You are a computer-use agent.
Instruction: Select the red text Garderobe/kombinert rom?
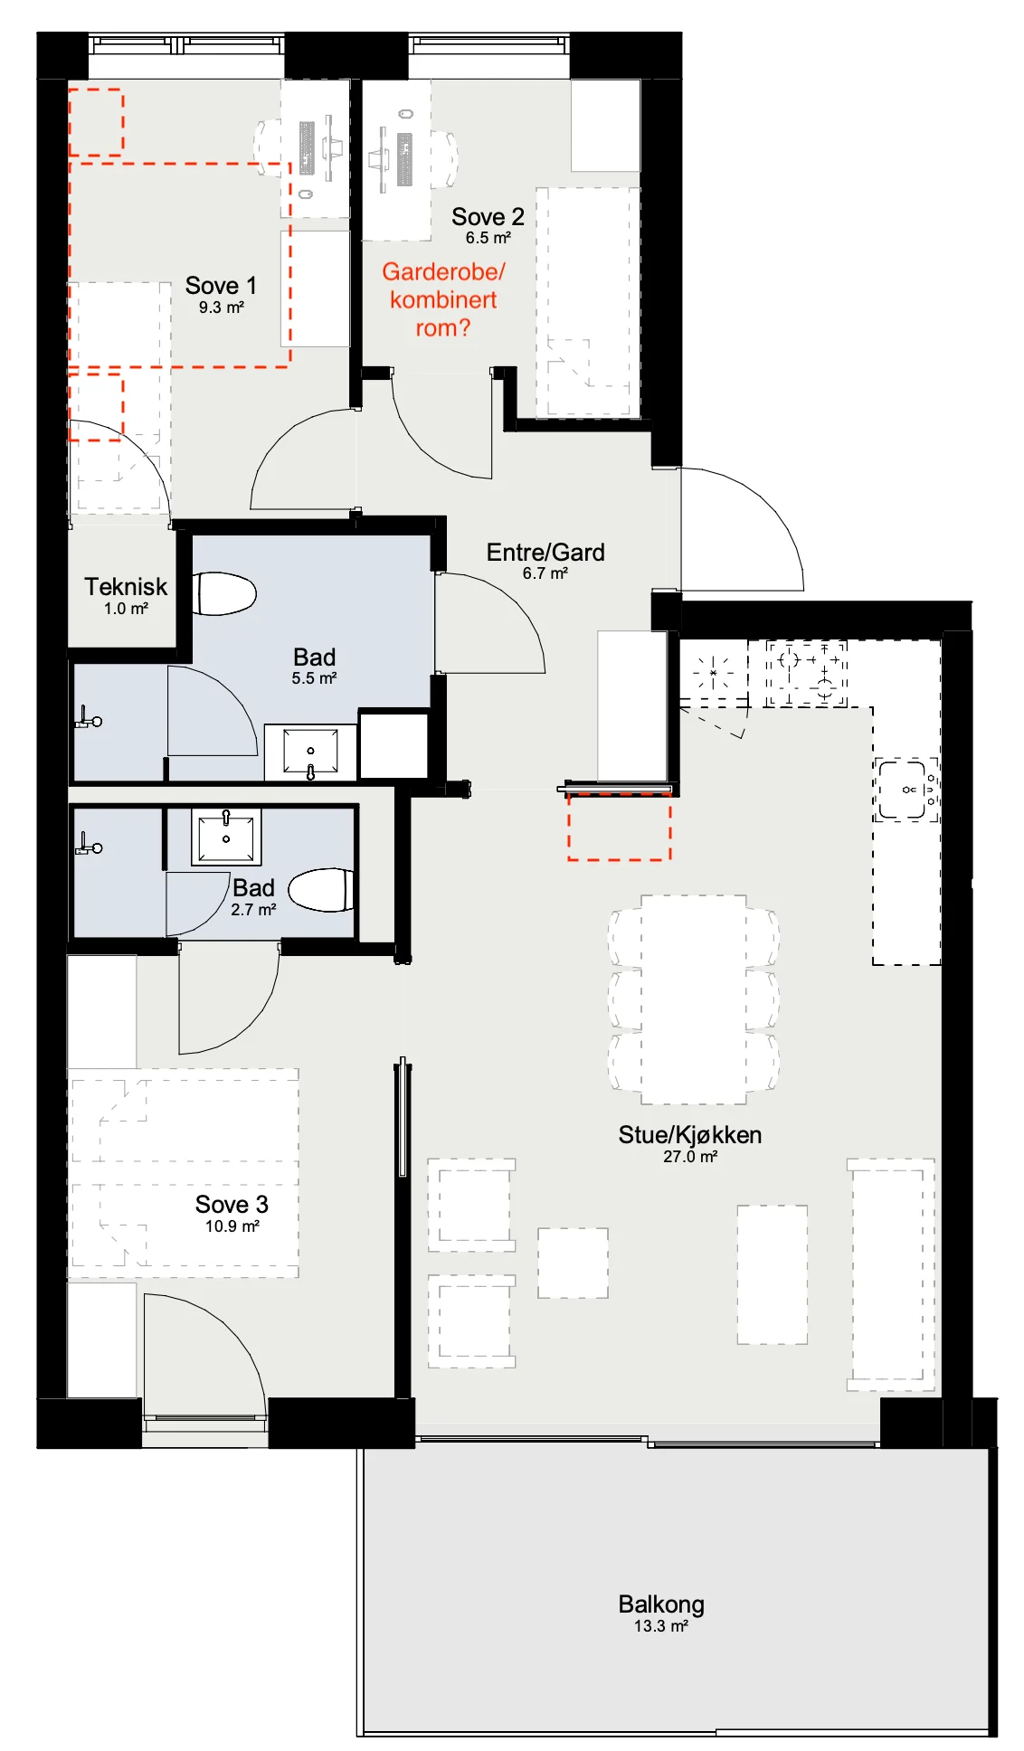[443, 299]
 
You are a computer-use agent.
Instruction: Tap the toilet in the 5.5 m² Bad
[224, 593]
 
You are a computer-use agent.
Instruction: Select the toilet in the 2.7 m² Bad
[321, 890]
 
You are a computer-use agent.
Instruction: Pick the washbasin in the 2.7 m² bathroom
[226, 837]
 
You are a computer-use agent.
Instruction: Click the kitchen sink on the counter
[906, 790]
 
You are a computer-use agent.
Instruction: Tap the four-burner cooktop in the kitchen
[806, 673]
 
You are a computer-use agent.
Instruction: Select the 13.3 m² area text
[661, 1626]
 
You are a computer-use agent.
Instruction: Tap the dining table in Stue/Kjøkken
[694, 999]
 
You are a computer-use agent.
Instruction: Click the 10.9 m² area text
[232, 1226]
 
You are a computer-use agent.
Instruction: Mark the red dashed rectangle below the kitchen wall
[619, 828]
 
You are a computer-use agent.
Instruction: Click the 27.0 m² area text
[690, 1157]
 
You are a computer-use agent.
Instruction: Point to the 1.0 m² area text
[126, 609]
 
